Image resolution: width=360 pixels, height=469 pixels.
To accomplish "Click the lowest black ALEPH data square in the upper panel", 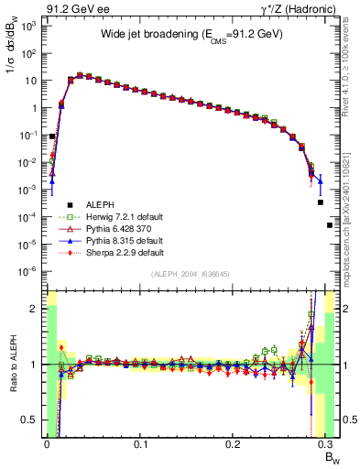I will coord(330,225).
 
